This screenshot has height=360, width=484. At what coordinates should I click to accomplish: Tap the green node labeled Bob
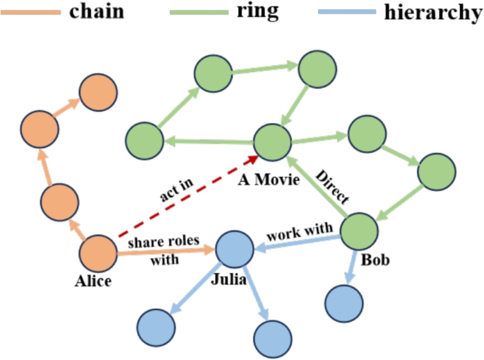click(360, 231)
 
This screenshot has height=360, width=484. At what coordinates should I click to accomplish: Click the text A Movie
click(268, 180)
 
